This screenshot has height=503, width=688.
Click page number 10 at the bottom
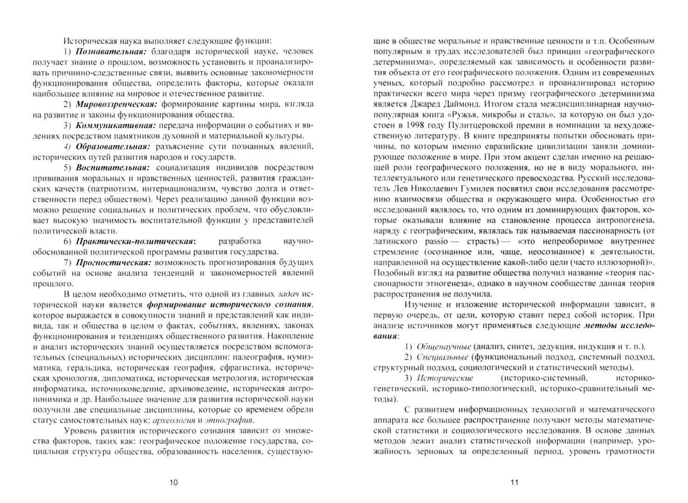pyautogui.click(x=173, y=482)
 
